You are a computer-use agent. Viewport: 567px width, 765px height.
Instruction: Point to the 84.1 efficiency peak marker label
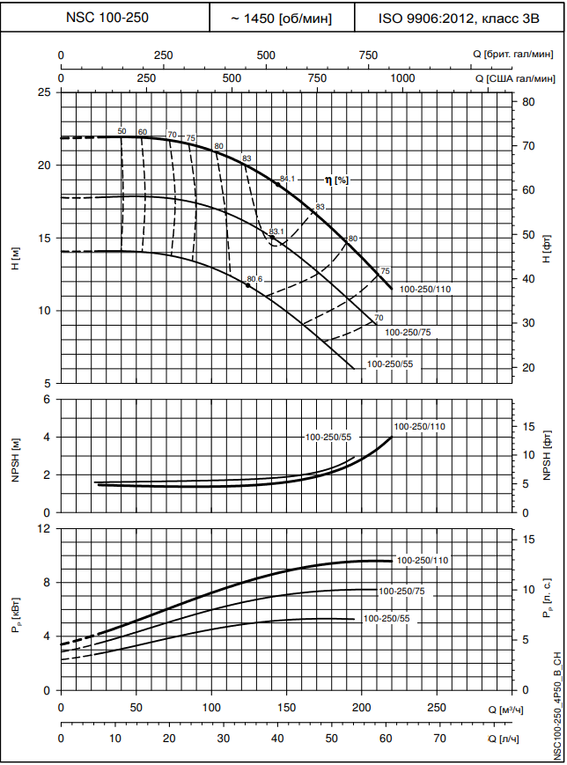click(x=288, y=180)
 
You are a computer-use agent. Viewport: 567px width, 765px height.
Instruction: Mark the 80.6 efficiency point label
click(x=254, y=279)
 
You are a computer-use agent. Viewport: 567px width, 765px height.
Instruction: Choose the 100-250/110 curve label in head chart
click(x=425, y=289)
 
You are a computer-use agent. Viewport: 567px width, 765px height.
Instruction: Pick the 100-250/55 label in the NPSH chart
click(x=328, y=438)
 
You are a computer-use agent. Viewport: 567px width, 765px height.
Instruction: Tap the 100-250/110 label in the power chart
click(x=423, y=560)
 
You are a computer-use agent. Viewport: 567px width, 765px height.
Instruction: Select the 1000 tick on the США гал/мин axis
click(x=401, y=78)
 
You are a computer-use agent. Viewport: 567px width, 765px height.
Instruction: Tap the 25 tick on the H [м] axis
click(x=44, y=92)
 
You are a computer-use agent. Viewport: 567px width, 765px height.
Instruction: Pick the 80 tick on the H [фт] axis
click(x=528, y=102)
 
